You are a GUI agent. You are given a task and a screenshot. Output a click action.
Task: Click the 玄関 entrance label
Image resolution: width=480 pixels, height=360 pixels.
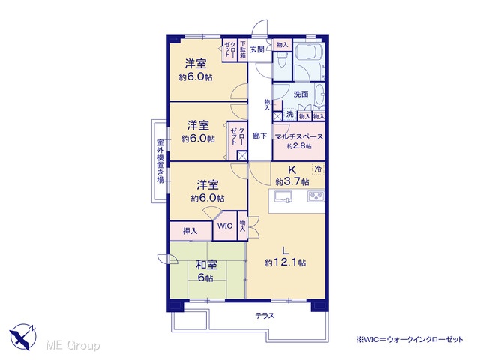tap(257, 49)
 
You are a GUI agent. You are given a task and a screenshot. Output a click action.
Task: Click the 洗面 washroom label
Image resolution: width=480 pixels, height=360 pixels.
tap(301, 94)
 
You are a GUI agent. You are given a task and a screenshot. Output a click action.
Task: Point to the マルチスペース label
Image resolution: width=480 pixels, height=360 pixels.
tap(298, 136)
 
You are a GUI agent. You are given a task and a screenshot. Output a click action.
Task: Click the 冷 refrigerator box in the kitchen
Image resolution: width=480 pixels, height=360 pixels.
tap(318, 169)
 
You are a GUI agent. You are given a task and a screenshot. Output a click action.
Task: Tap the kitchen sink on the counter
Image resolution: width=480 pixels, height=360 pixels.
tap(283, 196)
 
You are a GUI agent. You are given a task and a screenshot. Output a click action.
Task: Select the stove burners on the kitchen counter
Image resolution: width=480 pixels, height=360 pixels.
tap(316, 196)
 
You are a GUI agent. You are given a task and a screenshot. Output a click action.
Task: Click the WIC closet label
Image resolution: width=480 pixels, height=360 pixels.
tap(225, 226)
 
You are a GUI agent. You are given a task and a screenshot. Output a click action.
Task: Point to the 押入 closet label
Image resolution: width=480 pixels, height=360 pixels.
tap(190, 231)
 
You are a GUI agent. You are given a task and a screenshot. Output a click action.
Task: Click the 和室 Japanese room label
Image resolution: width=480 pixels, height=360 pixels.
tap(207, 265)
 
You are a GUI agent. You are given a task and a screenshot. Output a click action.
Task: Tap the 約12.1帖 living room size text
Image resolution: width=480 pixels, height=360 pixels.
tap(285, 262)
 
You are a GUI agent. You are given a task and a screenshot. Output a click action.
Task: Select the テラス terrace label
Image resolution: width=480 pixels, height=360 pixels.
tap(265, 316)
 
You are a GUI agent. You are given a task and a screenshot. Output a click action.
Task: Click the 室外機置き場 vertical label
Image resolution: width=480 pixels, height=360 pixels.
tap(160, 162)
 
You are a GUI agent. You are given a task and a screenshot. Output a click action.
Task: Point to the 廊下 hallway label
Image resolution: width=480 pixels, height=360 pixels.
tap(260, 136)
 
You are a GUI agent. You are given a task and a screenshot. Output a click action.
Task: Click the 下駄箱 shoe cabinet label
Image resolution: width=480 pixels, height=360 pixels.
tap(243, 49)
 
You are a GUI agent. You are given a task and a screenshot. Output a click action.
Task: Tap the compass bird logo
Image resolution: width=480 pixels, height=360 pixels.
tap(23, 337)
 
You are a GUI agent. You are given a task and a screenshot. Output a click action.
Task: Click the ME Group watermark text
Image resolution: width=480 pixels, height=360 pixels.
tap(73, 345)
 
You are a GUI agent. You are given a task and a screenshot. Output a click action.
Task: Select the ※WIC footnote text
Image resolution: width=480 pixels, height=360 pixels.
tap(409, 340)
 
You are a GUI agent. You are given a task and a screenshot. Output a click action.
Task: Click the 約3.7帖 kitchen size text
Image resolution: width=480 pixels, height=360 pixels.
tap(292, 182)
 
